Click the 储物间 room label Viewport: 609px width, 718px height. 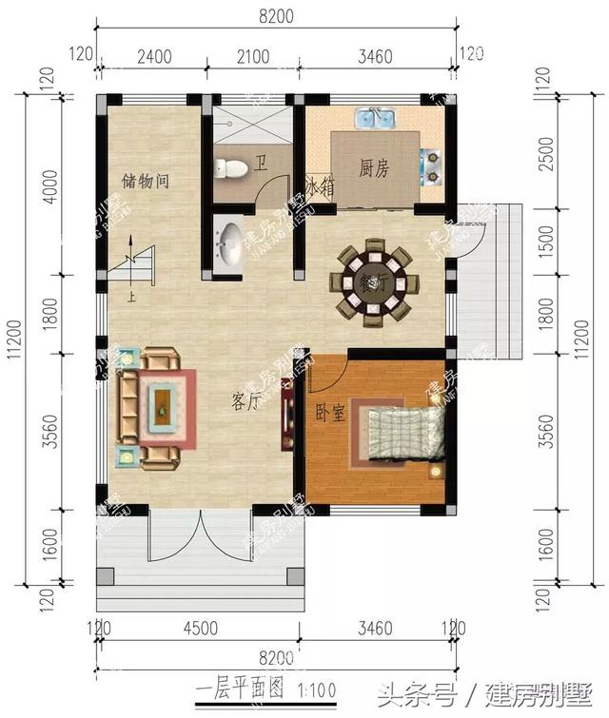pyautogui.click(x=146, y=180)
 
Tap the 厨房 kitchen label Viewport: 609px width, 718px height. pyautogui.click(x=374, y=169)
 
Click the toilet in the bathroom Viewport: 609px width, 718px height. pyautogui.click(x=231, y=168)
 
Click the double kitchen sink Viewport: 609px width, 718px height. pyautogui.click(x=377, y=120)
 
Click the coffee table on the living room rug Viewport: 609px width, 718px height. pyautogui.click(x=163, y=407)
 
